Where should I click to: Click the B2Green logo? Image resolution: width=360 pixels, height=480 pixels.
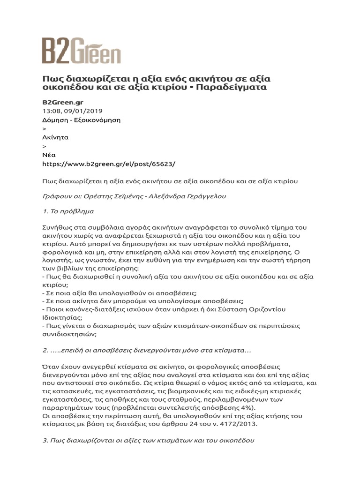(x=81, y=51)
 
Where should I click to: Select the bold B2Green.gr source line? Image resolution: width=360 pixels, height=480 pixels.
(x=63, y=102)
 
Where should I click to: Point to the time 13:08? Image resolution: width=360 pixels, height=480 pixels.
(x=52, y=111)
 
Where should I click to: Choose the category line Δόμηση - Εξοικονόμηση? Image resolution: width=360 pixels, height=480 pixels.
(x=81, y=120)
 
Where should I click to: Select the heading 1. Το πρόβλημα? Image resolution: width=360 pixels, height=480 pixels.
(x=68, y=211)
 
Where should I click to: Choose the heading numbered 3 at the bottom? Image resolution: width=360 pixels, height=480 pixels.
(x=148, y=441)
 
